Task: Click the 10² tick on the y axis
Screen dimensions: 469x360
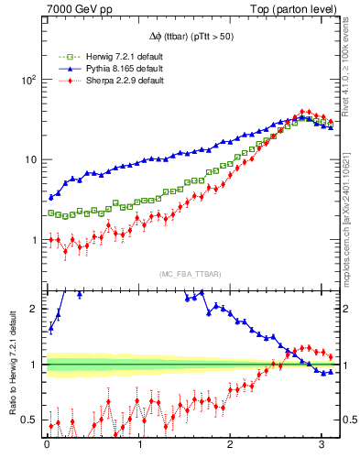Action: point(28,80)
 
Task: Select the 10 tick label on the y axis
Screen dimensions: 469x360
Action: point(31,159)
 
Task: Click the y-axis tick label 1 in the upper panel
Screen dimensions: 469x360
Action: point(34,240)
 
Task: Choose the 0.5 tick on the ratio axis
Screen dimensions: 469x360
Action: point(29,420)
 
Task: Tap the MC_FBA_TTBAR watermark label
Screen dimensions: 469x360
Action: point(190,275)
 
